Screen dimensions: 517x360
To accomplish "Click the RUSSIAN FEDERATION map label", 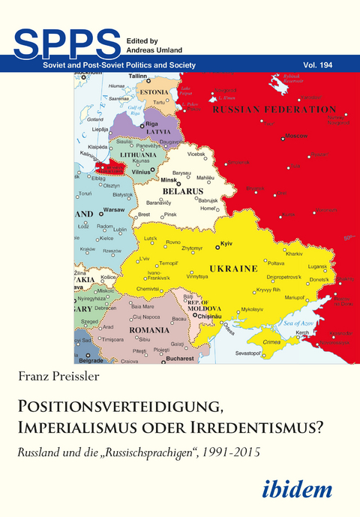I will click(274, 110).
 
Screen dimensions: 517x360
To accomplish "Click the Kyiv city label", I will click(225, 245).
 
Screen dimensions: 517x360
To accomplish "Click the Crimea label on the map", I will click(271, 341).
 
